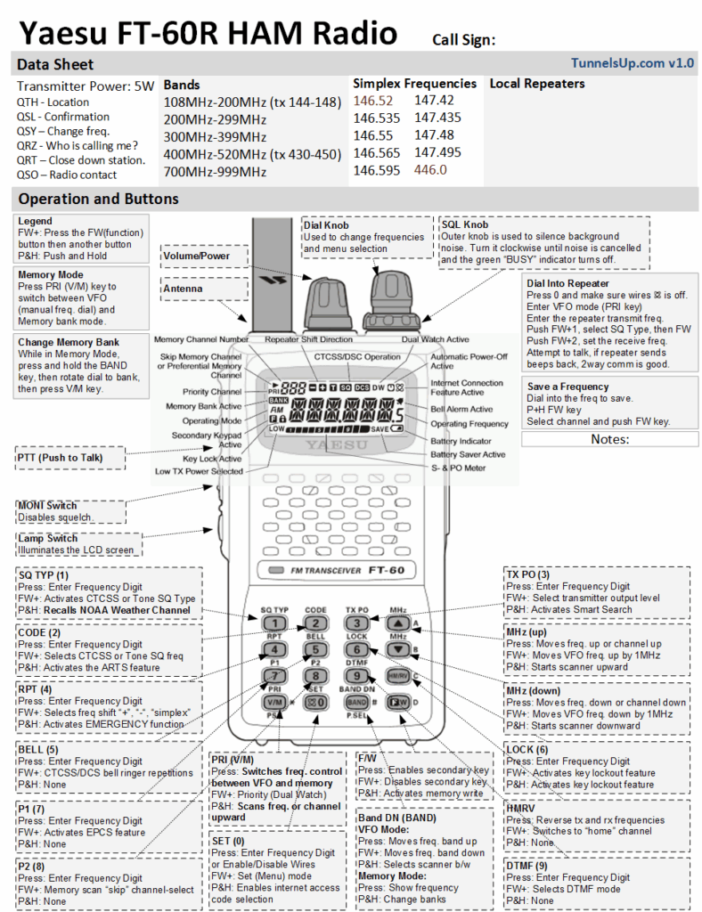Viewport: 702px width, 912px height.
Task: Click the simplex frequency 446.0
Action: click(430, 170)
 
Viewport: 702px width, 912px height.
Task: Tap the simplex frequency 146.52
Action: click(372, 102)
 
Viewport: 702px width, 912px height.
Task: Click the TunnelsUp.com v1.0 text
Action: click(633, 63)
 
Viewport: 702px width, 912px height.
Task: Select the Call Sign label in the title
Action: click(463, 39)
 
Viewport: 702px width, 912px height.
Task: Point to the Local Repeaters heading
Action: click(537, 84)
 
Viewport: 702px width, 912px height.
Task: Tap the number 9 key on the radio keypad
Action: click(355, 675)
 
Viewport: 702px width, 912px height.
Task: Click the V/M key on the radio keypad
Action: click(276, 702)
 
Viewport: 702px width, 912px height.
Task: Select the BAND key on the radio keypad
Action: click(355, 702)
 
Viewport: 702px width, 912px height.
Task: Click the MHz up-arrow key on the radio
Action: click(398, 623)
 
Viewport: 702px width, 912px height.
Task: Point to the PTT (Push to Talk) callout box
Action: click(70, 458)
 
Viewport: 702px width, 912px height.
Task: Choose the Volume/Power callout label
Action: click(203, 256)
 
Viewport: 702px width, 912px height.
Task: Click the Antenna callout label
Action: click(203, 289)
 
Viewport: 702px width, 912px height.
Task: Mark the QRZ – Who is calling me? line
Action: click(78, 145)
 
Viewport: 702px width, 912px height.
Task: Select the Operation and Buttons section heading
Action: click(98, 199)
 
